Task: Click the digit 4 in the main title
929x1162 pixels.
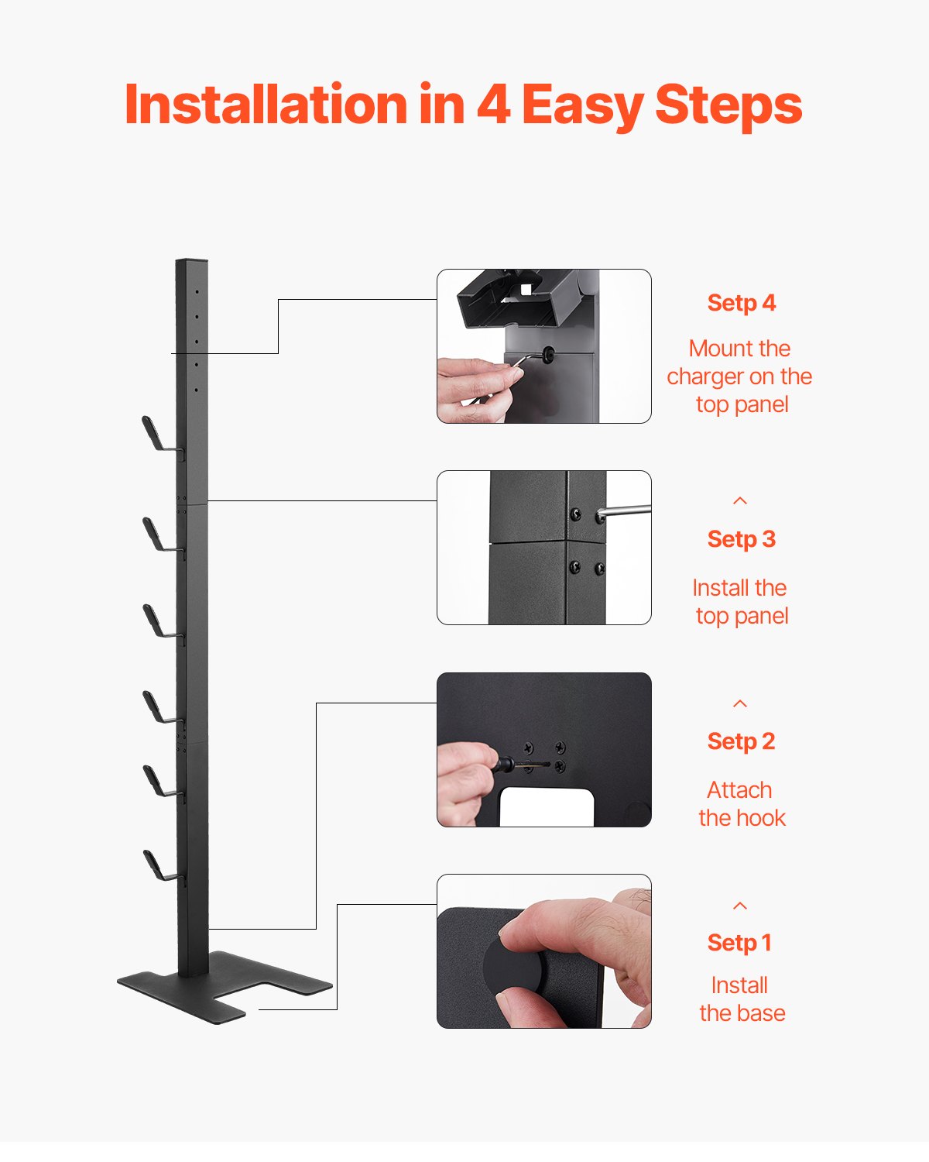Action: pyautogui.click(x=493, y=104)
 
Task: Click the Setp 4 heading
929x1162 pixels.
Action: pyautogui.click(x=741, y=303)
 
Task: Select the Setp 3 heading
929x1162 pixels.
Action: pyautogui.click(x=741, y=539)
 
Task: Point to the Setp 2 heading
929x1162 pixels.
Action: pyautogui.click(x=741, y=741)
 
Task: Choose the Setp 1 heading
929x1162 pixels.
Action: pyautogui.click(x=739, y=943)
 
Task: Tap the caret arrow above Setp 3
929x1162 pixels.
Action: pyautogui.click(x=740, y=500)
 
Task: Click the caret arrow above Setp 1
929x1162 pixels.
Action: pyautogui.click(x=740, y=906)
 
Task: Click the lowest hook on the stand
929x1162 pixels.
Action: pyautogui.click(x=159, y=866)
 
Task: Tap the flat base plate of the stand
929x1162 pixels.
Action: pyautogui.click(x=225, y=988)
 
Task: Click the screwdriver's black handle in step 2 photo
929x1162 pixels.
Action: pyautogui.click(x=503, y=765)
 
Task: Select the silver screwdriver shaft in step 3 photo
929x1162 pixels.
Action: pyautogui.click(x=627, y=511)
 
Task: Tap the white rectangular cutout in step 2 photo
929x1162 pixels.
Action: pyautogui.click(x=546, y=807)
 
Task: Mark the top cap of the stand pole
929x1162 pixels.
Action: pyautogui.click(x=191, y=262)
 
